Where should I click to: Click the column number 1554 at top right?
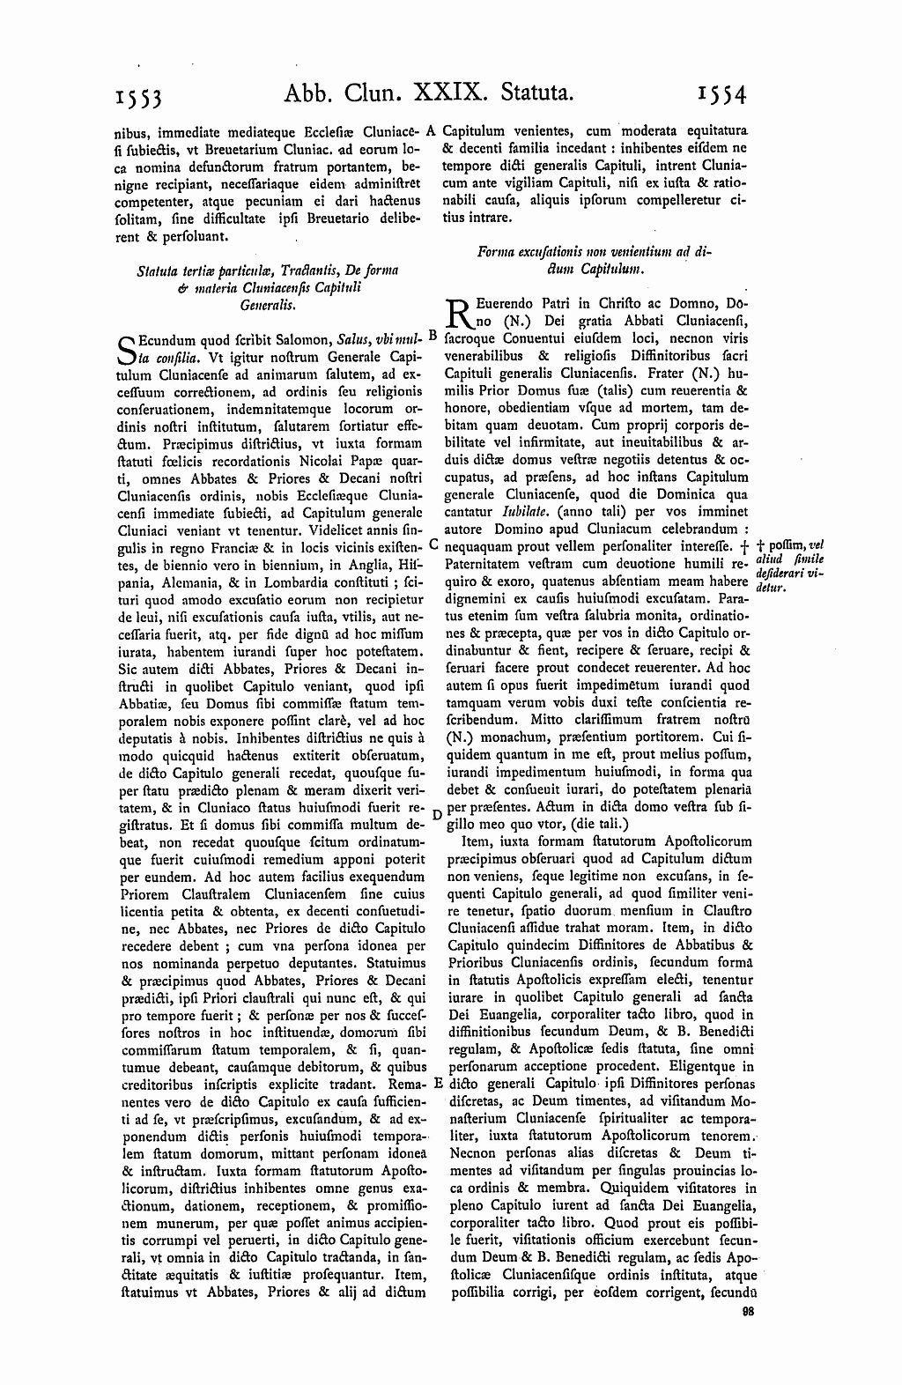(x=720, y=92)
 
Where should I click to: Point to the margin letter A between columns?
(x=432, y=130)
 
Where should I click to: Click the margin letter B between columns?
(x=432, y=336)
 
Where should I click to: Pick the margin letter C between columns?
(x=433, y=545)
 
